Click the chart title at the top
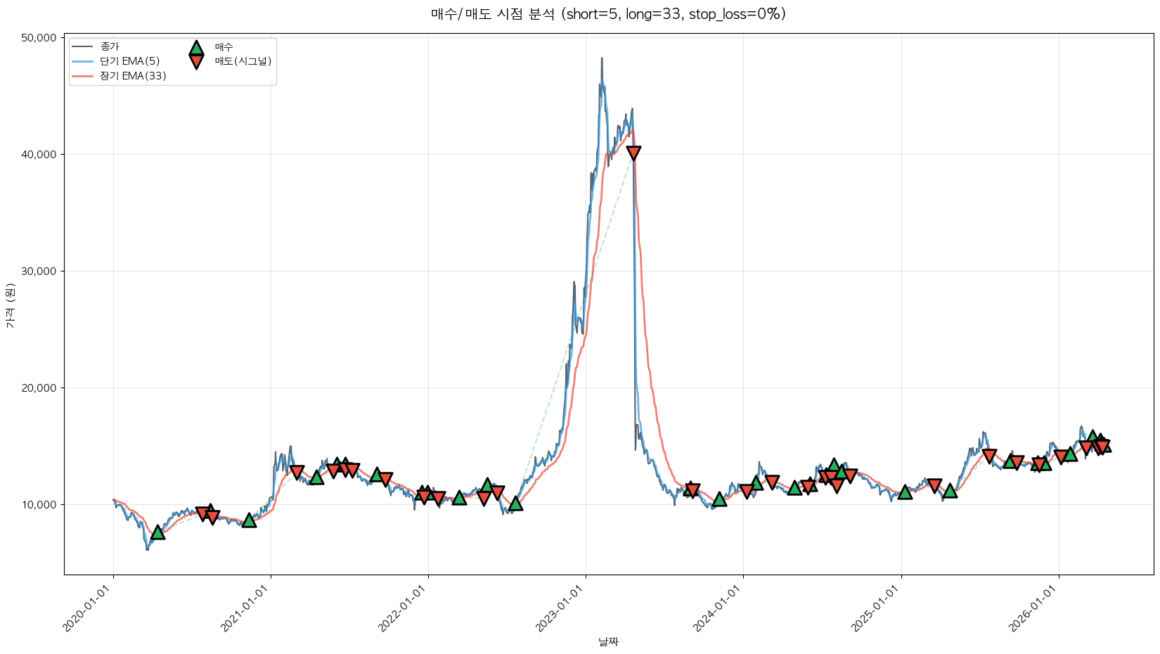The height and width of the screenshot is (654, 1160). click(x=608, y=14)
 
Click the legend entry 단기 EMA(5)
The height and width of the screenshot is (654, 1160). click(x=129, y=61)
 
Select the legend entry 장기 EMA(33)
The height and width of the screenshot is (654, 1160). click(x=133, y=76)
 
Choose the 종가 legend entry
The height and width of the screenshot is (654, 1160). click(x=110, y=46)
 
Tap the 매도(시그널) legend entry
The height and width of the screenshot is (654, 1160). click(x=243, y=61)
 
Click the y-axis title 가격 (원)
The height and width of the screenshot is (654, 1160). click(x=10, y=305)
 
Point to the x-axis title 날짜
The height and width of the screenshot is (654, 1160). click(x=608, y=641)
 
